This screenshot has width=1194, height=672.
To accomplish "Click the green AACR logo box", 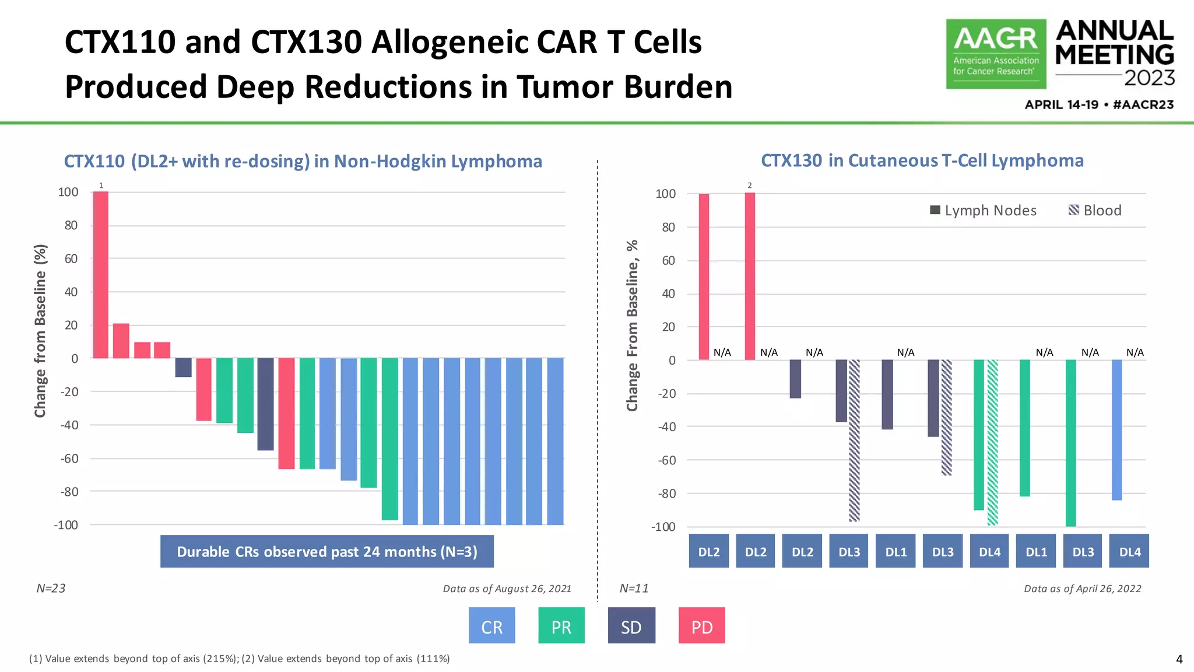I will (996, 54).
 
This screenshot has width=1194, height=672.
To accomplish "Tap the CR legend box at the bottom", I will (491, 625).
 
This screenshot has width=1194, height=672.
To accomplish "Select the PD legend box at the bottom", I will (701, 625).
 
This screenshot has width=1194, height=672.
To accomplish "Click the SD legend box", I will (631, 625).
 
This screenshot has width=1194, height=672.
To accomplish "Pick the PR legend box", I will (561, 625).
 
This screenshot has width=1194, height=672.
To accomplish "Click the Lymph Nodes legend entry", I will (984, 211).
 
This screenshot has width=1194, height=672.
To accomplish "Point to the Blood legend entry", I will (1095, 211).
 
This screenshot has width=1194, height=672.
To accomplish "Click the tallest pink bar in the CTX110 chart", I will (101, 274).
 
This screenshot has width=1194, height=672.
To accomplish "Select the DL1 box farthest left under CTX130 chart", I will (895, 551).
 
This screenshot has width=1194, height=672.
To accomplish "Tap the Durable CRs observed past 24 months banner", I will (327, 551).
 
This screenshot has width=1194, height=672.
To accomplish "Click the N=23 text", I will (51, 589).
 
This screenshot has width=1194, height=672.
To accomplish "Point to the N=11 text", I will (634, 589).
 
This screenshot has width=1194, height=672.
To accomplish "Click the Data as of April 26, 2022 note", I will (1082, 589).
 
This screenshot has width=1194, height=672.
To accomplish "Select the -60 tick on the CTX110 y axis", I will (69, 459).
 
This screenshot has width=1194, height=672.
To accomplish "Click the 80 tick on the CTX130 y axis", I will (668, 228).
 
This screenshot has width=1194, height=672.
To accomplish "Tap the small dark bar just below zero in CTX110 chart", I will (183, 367).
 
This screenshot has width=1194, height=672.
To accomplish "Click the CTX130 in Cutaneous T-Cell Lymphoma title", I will (922, 160).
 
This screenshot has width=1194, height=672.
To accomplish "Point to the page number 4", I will (1179, 660).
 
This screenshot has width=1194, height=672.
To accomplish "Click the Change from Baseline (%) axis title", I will (40, 331).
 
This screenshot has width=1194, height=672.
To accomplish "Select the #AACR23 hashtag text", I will (1143, 105).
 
